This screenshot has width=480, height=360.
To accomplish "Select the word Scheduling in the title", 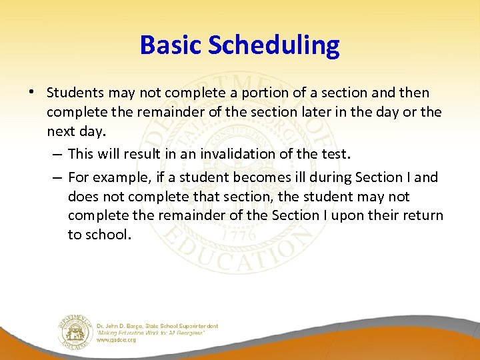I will pyautogui.click(x=274, y=45).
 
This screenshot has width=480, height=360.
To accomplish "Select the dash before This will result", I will pyautogui.click(x=57, y=154).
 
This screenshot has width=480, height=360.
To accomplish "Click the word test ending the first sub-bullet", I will pyautogui.click(x=334, y=154).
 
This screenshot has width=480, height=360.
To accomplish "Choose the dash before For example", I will pyautogui.click(x=57, y=177).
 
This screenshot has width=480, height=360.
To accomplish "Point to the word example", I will pyautogui.click(x=120, y=177).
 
